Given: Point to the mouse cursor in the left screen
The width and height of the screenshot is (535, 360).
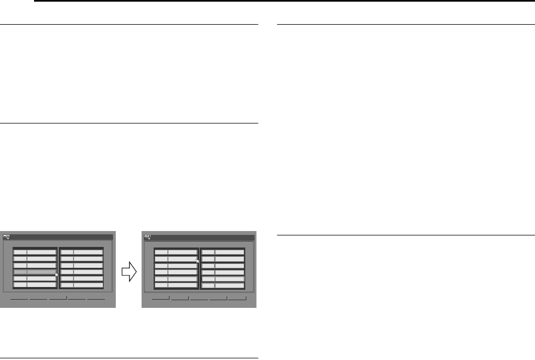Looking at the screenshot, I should tap(57, 275).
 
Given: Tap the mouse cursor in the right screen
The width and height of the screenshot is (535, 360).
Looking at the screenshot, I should tap(198, 262).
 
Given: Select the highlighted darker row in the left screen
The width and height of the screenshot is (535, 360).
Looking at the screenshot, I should tap(35, 271).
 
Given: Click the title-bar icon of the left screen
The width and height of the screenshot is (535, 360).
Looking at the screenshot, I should tap(7, 237).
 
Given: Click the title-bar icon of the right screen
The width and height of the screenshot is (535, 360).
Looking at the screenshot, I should tap(147, 238).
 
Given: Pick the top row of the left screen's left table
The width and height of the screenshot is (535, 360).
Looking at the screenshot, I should tap(35, 251).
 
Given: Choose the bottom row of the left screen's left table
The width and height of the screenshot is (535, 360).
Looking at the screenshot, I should tap(35, 285).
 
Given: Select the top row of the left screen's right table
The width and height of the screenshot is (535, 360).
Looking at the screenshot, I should tap(82, 251).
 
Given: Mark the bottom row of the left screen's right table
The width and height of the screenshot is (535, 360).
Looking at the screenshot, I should tap(82, 285).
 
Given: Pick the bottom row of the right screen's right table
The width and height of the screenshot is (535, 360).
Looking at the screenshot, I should tap(223, 285).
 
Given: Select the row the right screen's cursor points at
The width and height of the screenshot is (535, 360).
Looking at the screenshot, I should tap(176, 258).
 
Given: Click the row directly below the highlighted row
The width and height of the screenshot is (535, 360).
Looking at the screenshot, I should tap(35, 278).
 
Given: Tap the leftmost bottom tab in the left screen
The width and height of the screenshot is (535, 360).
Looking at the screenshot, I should tap(19, 300).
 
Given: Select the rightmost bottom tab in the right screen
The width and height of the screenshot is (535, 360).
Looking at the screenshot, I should tap(237, 300).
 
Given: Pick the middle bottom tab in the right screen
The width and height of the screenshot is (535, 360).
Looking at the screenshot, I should tap(199, 300).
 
